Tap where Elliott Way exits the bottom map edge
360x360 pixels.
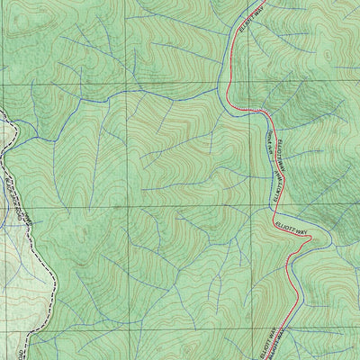point(274,358)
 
